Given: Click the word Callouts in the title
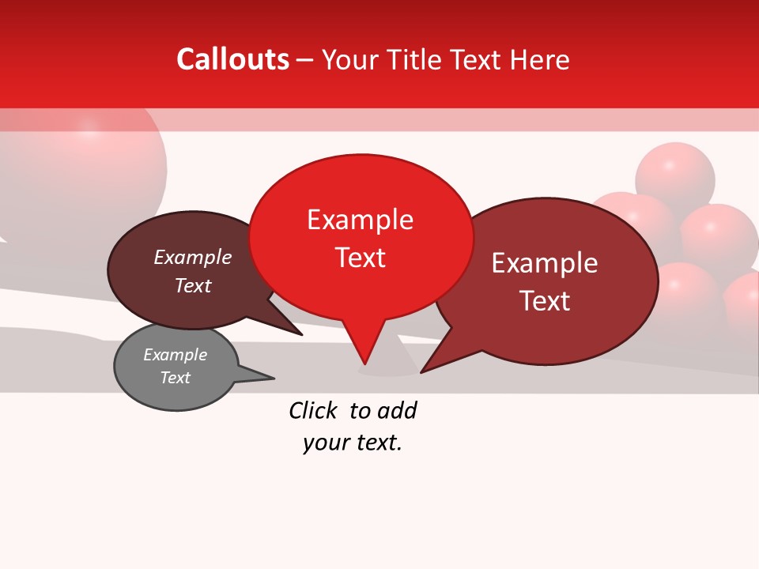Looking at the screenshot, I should click(x=232, y=59).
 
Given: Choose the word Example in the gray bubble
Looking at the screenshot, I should click(x=176, y=355).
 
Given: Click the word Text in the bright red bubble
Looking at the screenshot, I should click(x=361, y=258).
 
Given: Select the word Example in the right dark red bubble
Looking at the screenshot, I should click(x=545, y=263).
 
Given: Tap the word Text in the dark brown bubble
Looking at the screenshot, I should click(x=193, y=285).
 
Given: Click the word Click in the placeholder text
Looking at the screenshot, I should click(x=312, y=410).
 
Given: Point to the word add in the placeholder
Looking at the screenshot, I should click(x=397, y=410).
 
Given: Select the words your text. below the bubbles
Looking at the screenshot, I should click(x=353, y=443).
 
